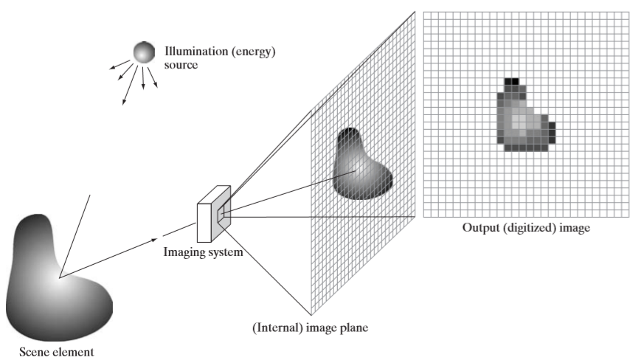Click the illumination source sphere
[x=144, y=52]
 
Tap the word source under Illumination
[x=181, y=65]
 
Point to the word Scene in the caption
[x=32, y=352]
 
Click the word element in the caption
[x=71, y=352]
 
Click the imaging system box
[x=214, y=214]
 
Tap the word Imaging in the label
[x=181, y=252]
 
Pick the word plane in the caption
[x=353, y=328]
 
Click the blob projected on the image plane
[x=361, y=165]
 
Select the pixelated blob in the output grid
[x=526, y=114]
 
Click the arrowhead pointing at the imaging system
[x=154, y=240]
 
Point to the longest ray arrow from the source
[x=130, y=85]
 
